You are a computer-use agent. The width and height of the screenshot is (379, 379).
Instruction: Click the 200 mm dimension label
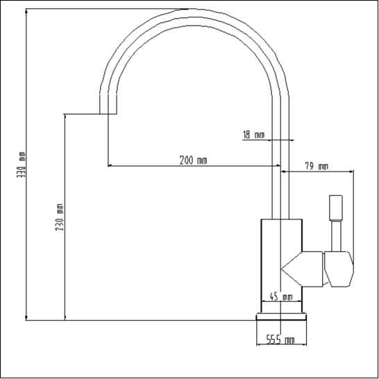click(x=193, y=160)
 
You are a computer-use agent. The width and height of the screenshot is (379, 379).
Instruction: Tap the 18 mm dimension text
click(x=253, y=135)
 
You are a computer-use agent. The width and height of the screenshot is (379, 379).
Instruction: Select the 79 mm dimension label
click(x=316, y=167)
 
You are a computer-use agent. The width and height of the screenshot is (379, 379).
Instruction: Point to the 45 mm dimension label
click(x=281, y=296)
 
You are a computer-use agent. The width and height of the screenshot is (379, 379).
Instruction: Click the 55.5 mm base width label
click(x=280, y=340)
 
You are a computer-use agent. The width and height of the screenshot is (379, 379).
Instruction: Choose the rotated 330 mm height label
click(x=21, y=165)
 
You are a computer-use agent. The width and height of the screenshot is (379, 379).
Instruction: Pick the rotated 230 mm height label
click(x=60, y=217)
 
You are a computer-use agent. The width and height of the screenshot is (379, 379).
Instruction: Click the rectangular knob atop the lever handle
click(x=335, y=208)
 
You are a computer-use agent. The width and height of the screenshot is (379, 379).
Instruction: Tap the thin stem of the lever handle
click(x=336, y=236)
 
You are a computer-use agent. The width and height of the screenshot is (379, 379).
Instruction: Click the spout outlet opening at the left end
click(x=108, y=114)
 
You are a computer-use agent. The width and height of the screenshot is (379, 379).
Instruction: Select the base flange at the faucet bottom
click(x=281, y=317)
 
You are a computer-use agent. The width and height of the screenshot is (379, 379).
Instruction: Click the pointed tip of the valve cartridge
click(x=282, y=269)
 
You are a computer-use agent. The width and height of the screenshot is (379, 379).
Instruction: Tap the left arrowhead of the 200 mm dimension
click(x=110, y=166)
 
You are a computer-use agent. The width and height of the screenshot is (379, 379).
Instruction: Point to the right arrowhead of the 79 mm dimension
click(x=351, y=171)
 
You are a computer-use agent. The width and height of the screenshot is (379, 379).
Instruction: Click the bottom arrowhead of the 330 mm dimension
click(x=26, y=318)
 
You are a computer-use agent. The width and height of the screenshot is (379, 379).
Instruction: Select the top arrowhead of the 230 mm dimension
click(x=65, y=117)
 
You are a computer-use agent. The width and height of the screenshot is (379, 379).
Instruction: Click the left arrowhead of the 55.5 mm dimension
click(x=258, y=344)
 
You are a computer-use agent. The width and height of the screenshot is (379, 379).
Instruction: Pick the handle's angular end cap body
click(x=339, y=269)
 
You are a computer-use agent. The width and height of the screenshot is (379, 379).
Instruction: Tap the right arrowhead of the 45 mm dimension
click(x=300, y=301)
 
